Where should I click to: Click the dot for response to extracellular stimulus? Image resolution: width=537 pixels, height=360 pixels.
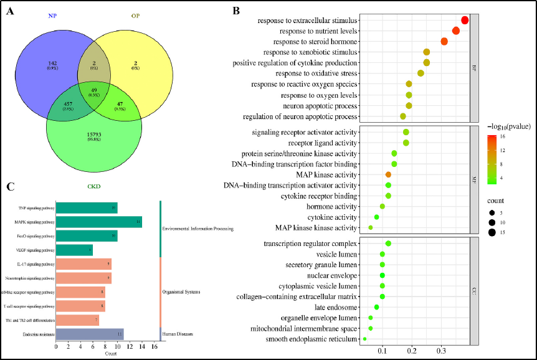coord(465,21)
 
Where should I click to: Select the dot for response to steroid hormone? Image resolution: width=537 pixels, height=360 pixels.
coord(444,41)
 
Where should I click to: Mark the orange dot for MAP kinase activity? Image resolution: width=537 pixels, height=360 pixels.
coord(388,174)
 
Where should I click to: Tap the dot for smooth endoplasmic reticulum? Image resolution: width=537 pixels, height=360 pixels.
coord(364,339)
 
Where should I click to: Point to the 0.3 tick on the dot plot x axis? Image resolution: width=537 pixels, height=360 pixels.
coord(441,351)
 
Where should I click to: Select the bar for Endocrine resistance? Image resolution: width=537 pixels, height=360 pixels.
coord(90,333)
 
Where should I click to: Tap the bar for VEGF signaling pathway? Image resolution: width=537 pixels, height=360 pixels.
coord(74,250)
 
